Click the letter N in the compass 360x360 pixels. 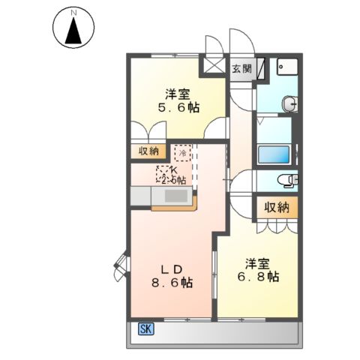73,12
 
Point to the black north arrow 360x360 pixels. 73,31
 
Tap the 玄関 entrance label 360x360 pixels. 241,69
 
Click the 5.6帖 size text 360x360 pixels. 178,108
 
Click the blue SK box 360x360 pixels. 145,328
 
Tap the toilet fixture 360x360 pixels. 287,180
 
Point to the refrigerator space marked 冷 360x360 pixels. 182,152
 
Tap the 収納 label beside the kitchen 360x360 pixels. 148,151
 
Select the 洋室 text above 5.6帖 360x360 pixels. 178,94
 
